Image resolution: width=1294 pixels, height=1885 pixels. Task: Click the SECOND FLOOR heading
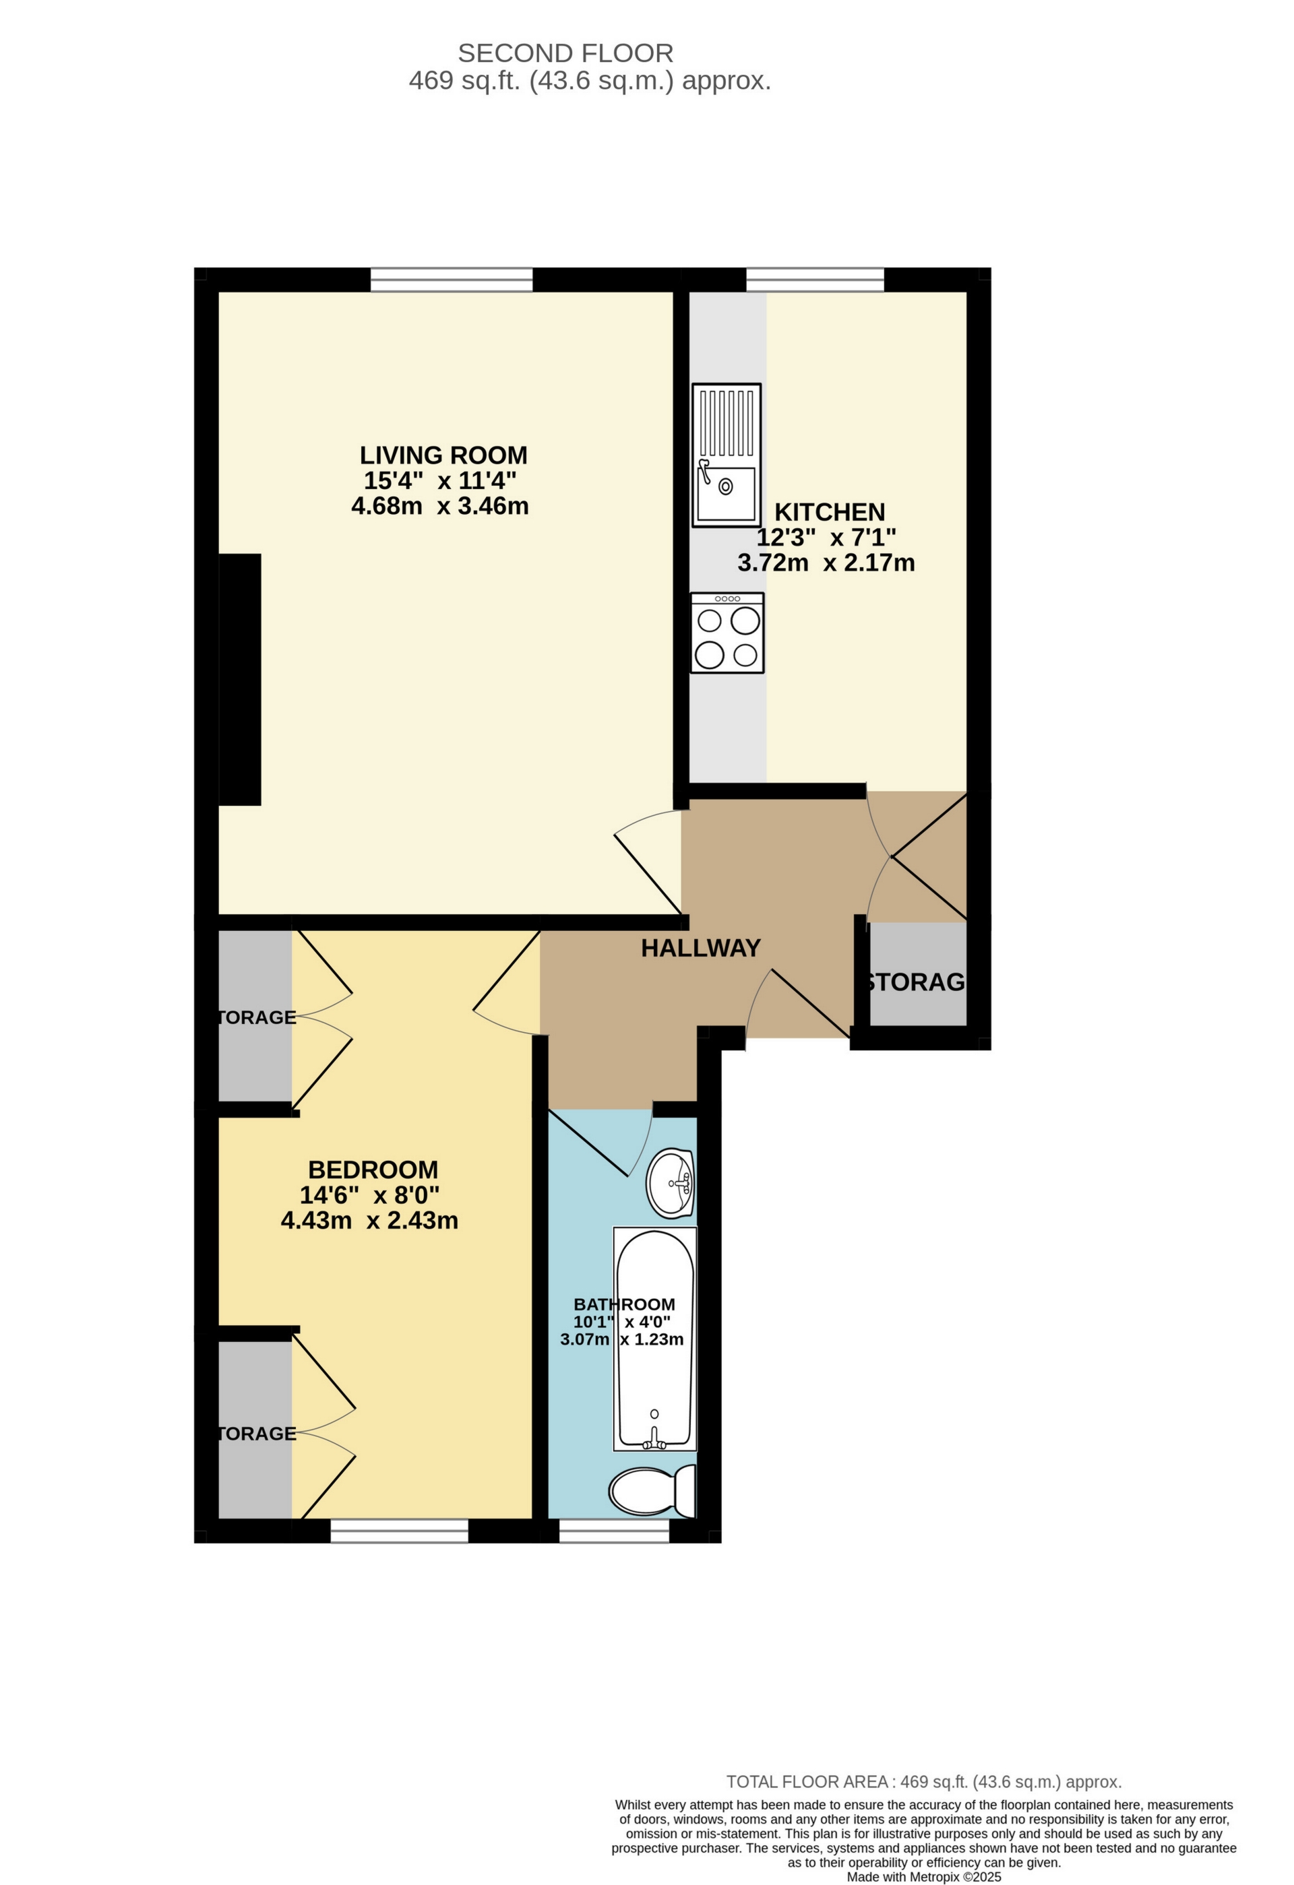[565, 53]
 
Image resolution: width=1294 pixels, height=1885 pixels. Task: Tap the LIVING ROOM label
[443, 455]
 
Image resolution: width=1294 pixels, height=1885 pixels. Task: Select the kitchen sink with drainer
[726, 455]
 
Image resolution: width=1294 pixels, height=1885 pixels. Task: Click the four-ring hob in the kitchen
[727, 633]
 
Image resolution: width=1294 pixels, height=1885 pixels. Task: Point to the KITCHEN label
[829, 513]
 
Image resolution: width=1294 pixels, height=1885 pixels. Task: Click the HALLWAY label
[700, 947]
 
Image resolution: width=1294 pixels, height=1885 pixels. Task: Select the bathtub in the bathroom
[654, 1339]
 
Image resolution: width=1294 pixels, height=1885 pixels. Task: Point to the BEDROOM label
[373, 1170]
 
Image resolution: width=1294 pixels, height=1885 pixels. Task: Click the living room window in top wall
[451, 280]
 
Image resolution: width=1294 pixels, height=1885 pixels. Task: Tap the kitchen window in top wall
[815, 280]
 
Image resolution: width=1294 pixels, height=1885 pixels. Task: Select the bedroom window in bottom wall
[399, 1531]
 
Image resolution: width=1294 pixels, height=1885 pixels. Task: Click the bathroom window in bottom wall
[614, 1531]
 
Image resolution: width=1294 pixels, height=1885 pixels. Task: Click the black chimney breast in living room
[240, 680]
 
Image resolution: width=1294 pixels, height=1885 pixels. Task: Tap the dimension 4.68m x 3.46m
[439, 507]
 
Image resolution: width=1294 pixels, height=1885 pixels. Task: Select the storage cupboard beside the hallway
[917, 974]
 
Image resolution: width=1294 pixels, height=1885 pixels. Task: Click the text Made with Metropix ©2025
[924, 1877]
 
